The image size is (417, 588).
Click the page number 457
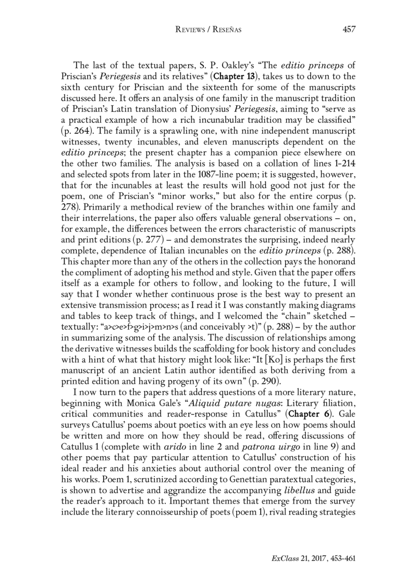[x=349, y=29]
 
